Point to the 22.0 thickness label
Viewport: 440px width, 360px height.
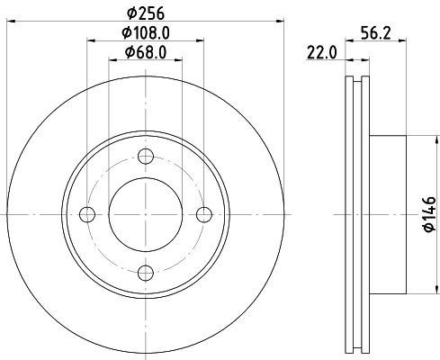pyautogui.click(x=320, y=52)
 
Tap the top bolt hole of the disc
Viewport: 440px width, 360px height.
pyautogui.click(x=145, y=156)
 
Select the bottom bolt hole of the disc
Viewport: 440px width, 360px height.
pyautogui.click(x=145, y=271)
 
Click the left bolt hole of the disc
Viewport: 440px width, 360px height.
pyautogui.click(x=87, y=213)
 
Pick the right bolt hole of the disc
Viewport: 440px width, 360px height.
pyautogui.click(x=203, y=213)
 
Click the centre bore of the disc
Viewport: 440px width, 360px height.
pyautogui.click(x=145, y=213)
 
